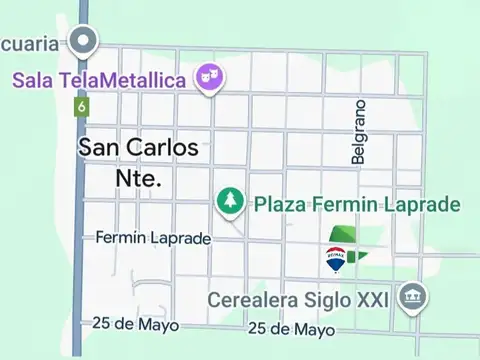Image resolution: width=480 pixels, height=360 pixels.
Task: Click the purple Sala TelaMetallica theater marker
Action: (x=208, y=77)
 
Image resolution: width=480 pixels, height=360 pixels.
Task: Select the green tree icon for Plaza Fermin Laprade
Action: (x=230, y=202)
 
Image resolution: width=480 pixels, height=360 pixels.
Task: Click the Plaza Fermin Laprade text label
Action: (x=356, y=205)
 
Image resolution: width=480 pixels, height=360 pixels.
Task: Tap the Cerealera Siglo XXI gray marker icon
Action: (x=412, y=296)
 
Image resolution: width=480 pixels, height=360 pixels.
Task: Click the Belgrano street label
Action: (x=359, y=131)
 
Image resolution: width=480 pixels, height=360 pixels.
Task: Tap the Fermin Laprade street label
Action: (x=153, y=238)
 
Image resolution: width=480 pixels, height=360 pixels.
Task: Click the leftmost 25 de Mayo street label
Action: (x=134, y=324)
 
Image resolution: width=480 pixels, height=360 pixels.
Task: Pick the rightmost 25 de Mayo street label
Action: (x=291, y=328)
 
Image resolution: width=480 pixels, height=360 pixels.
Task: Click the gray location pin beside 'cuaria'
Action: (x=85, y=42)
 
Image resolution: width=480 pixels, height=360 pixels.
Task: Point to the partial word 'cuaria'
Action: (x=32, y=43)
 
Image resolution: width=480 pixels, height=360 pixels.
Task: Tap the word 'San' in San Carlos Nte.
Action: (x=101, y=147)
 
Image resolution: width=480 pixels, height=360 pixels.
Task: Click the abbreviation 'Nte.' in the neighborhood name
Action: (x=138, y=179)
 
